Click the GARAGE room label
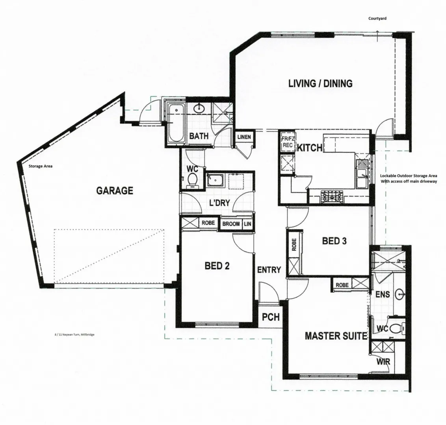coord(115,190)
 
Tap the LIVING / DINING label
coord(321,83)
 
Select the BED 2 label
coord(217,266)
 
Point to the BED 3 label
coord(334,241)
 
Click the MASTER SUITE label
coord(336,336)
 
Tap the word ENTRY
coord(269,270)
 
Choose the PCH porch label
coord(271,317)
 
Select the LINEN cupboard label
coord(244,137)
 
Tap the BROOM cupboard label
coord(231,224)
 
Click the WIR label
coord(383,362)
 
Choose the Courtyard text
coord(377,18)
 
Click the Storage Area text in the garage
coord(41,166)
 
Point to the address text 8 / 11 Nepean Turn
coord(74,334)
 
